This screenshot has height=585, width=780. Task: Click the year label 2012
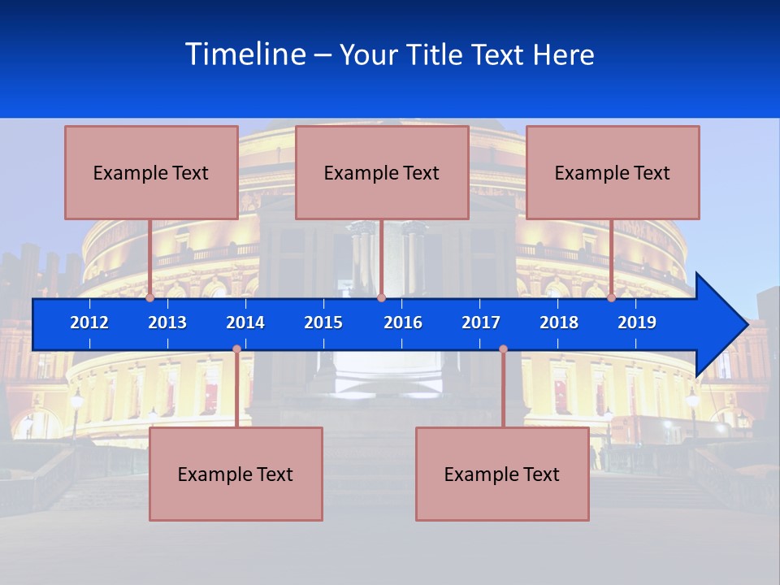89,323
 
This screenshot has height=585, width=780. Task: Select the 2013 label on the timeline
167,323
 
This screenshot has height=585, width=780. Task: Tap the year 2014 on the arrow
245,323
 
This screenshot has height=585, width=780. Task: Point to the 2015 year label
323,323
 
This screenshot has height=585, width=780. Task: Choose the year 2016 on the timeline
403,323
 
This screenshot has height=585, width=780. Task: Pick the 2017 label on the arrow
481,323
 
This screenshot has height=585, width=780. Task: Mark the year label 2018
559,323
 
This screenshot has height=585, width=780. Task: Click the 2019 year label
637,323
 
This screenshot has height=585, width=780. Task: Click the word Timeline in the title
243,54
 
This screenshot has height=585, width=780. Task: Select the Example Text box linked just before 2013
151,172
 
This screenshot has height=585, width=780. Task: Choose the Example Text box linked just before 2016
382,172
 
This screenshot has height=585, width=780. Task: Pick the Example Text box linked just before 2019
613,172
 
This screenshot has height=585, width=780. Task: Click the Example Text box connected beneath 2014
236,474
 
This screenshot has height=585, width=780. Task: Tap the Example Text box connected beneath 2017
502,474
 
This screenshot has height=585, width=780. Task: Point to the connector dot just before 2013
150,298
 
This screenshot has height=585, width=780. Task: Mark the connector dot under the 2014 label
236,349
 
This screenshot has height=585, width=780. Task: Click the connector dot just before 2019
612,298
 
